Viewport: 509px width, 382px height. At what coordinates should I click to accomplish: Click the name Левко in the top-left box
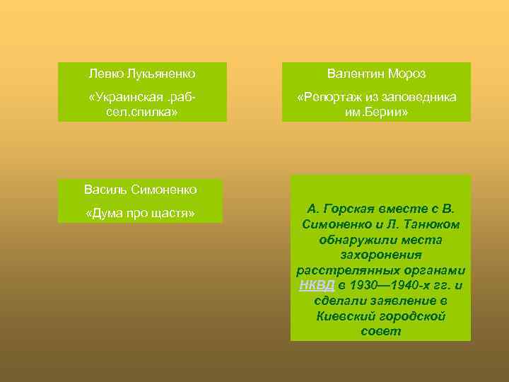point(104,74)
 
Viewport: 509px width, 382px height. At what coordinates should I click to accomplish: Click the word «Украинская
point(124,97)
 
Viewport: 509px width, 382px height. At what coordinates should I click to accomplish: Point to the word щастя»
point(171,213)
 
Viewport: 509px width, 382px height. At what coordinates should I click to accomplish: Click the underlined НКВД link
point(312,286)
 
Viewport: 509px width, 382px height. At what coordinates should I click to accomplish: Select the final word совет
point(380,331)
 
